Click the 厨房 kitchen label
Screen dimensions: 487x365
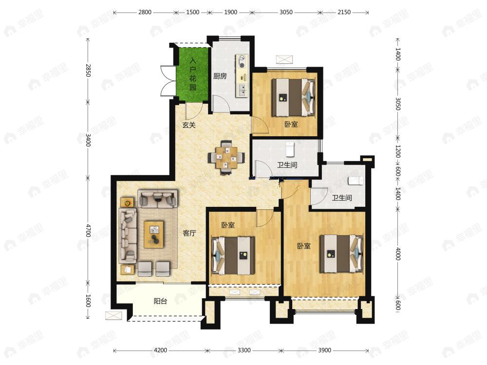click(x=220, y=76)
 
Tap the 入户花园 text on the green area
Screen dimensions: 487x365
click(x=193, y=74)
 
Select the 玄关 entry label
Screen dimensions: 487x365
click(x=189, y=125)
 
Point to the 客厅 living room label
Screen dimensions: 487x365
click(x=189, y=233)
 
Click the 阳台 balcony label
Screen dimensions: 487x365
click(x=161, y=301)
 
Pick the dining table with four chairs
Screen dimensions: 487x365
click(x=226, y=157)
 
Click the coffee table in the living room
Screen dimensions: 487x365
click(x=154, y=235)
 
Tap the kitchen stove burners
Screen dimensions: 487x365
click(x=242, y=61)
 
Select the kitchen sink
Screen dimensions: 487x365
click(x=242, y=90)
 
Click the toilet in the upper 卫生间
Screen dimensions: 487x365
click(x=290, y=148)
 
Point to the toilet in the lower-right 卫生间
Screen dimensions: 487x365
click(x=356, y=181)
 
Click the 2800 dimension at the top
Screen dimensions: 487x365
click(x=145, y=12)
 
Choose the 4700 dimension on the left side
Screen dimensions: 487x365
click(x=88, y=230)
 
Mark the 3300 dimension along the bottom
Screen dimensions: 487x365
click(x=244, y=350)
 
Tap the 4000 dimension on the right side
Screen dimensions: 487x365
click(x=398, y=254)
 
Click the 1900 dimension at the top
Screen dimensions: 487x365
click(x=231, y=12)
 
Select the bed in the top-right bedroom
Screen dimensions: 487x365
click(x=293, y=97)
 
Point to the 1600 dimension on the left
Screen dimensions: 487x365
click(x=88, y=301)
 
